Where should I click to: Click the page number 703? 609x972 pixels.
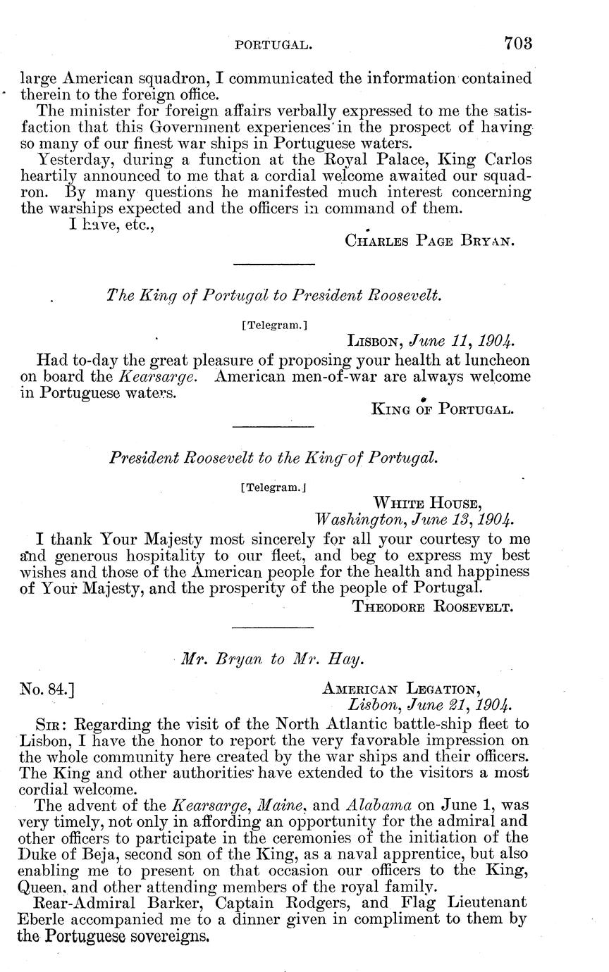[x=518, y=43]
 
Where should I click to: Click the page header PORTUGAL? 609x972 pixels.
[x=273, y=44]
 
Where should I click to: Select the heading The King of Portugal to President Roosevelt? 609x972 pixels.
[x=273, y=296]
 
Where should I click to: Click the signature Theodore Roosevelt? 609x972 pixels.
[x=432, y=607]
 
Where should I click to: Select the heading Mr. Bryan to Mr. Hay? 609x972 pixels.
[x=273, y=659]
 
